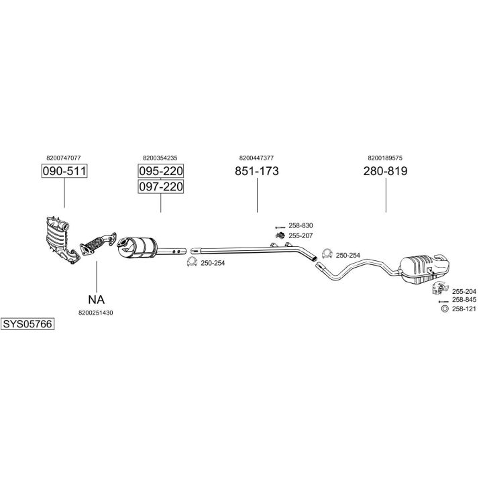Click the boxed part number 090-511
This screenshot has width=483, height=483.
(x=64, y=171)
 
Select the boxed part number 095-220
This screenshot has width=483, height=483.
(x=161, y=171)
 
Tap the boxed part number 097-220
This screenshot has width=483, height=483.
(x=161, y=186)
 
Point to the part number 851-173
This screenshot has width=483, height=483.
(x=257, y=171)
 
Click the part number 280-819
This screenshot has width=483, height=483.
(x=385, y=171)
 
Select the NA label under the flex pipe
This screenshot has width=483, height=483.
(x=97, y=299)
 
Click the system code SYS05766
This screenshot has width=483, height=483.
(x=27, y=323)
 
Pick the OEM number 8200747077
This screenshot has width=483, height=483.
(x=64, y=158)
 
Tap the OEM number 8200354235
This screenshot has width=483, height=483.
(x=160, y=158)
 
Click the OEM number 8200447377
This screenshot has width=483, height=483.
(x=256, y=158)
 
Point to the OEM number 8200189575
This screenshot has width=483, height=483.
(x=385, y=158)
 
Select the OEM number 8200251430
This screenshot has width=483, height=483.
(x=95, y=313)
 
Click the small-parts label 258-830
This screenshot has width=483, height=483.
(x=301, y=226)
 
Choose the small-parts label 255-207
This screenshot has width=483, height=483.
(x=301, y=235)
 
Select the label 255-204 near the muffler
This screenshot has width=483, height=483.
(x=464, y=291)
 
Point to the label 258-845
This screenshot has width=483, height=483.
(x=464, y=300)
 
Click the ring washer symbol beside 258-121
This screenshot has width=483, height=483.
(x=443, y=309)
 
